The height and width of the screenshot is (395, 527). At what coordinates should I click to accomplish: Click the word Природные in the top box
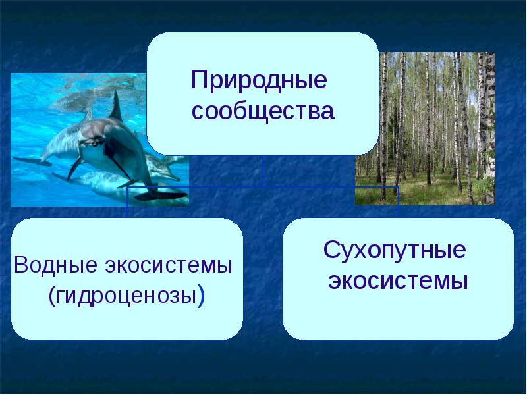(x=259, y=82)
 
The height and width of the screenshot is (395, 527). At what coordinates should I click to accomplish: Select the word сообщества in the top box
(x=263, y=111)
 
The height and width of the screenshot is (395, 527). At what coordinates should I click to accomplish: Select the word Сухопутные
(x=395, y=251)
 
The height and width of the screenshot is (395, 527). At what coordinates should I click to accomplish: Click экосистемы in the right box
(x=399, y=281)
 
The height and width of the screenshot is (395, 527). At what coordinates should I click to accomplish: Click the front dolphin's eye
(x=94, y=140)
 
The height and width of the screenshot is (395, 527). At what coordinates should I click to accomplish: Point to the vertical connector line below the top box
(x=263, y=171)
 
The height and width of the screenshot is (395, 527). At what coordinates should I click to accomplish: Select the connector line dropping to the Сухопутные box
(x=399, y=202)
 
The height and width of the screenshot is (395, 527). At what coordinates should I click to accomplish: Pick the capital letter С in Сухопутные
(x=331, y=251)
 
